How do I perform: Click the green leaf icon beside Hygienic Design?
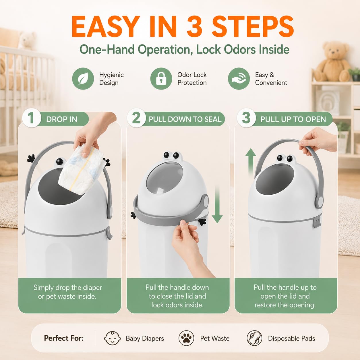83,79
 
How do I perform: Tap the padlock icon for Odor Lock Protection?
161,79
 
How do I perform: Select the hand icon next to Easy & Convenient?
239,79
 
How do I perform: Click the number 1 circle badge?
31,118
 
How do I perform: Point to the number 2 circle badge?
136,118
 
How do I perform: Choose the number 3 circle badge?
246,118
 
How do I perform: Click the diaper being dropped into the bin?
81,169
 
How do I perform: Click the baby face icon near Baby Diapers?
112,338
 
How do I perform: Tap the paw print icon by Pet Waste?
186,338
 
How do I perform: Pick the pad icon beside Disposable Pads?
254,338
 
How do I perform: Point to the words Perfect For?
64,338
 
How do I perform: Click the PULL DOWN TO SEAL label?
185,119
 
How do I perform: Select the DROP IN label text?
62,119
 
